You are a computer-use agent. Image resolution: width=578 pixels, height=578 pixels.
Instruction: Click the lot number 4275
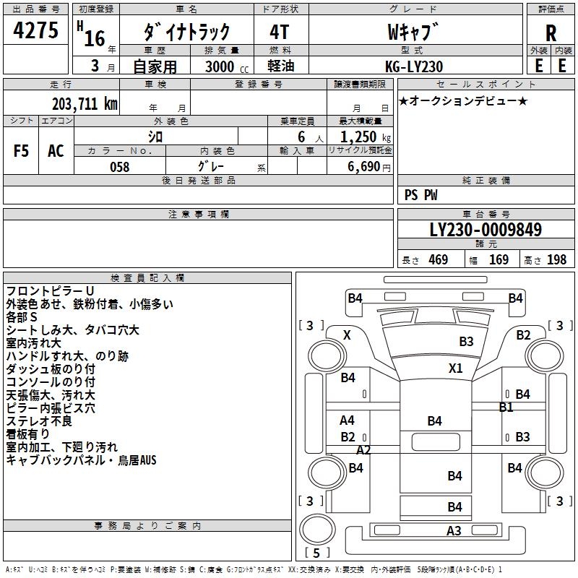35,30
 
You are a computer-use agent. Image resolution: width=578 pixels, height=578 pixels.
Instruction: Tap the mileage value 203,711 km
85,104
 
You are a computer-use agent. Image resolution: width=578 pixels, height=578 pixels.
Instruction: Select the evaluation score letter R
551,33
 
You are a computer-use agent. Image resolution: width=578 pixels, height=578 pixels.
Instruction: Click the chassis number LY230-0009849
486,230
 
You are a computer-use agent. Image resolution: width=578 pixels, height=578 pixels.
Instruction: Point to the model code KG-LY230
414,66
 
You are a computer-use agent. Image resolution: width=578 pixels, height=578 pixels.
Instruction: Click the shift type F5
21,151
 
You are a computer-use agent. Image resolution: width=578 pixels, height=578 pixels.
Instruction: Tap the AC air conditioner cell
56,151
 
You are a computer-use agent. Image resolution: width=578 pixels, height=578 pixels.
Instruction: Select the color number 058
120,167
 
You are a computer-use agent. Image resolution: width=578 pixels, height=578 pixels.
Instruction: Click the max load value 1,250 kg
366,137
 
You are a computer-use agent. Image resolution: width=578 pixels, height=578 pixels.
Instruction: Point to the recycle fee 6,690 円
369,167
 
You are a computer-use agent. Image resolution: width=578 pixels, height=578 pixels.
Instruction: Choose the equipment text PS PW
421,195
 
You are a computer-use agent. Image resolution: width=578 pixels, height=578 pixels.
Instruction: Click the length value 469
439,259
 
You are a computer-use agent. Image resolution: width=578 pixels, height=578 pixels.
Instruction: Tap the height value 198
556,259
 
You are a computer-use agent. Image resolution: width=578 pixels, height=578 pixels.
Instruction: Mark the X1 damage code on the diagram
456,368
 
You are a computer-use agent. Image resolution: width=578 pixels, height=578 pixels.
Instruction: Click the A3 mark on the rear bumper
454,531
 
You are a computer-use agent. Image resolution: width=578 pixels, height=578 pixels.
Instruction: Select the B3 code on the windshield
466,342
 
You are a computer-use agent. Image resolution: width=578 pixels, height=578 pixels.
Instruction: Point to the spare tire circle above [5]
317,530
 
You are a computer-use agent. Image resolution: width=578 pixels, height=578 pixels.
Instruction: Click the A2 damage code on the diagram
363,450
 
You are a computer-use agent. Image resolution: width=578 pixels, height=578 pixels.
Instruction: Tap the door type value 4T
280,32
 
